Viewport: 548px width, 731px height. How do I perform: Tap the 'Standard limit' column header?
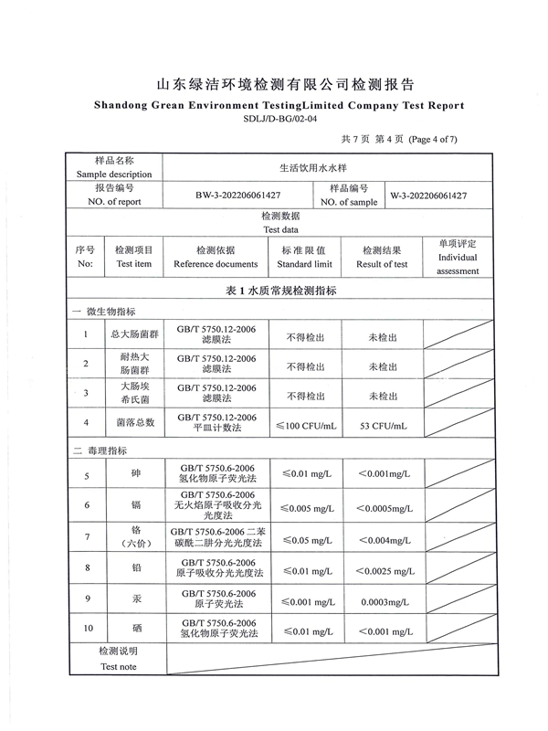[x=304, y=264]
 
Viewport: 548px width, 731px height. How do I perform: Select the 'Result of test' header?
[x=382, y=264]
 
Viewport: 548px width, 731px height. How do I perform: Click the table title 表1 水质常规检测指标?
[x=280, y=291]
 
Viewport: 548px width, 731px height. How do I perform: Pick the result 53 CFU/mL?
[x=383, y=424]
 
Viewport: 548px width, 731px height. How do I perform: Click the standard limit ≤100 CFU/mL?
[x=306, y=424]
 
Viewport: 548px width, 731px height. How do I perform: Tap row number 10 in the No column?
[x=88, y=629]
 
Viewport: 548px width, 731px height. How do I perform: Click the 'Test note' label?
[x=117, y=667]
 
